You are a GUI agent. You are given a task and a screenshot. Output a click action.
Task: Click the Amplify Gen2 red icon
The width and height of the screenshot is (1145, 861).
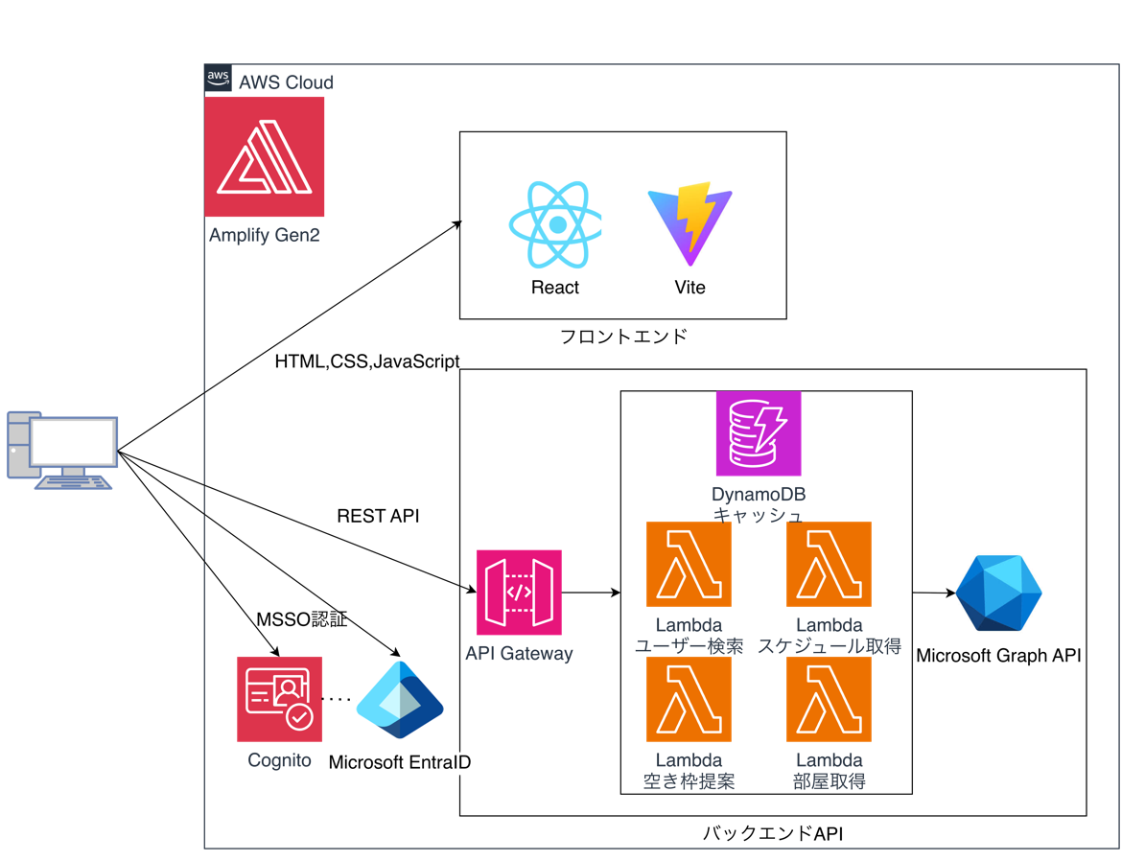point(264,156)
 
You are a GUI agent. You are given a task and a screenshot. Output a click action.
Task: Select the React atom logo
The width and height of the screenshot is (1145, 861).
point(555,225)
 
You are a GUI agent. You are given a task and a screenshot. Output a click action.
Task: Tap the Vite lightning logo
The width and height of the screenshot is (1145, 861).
point(689,223)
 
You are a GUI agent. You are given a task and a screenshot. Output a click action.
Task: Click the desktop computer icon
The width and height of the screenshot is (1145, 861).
point(62,451)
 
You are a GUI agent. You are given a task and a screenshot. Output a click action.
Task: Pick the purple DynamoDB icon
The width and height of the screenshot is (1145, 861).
point(758,433)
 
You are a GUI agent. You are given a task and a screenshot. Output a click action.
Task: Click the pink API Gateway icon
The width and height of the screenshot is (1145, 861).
point(519,593)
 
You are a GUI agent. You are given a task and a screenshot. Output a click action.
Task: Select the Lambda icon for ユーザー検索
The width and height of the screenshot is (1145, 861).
point(689,564)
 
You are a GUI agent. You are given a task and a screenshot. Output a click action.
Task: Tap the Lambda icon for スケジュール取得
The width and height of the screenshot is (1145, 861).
point(829,564)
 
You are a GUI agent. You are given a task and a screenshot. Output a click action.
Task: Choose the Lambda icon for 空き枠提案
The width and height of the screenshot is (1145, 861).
point(689,699)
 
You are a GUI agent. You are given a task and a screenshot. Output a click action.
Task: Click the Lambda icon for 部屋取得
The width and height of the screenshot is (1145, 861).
point(829,699)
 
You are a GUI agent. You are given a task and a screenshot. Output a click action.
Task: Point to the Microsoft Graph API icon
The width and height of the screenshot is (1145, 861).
point(998,593)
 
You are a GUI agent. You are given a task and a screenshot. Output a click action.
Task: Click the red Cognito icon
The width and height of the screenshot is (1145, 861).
point(279,699)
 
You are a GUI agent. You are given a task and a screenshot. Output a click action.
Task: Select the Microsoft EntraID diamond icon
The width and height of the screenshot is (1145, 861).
point(399,700)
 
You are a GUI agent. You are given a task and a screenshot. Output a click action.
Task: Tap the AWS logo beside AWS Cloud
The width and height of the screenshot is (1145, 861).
point(219,78)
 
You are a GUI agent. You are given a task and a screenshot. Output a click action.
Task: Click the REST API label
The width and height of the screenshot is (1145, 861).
point(378,516)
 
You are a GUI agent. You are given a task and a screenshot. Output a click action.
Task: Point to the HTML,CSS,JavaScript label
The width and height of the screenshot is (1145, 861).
point(367,361)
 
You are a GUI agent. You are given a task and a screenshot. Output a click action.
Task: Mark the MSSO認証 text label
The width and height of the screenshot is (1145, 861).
point(301,619)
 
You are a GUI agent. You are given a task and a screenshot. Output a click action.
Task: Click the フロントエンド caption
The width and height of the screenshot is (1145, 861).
point(623,336)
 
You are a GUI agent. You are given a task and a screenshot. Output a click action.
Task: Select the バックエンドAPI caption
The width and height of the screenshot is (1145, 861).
point(773,833)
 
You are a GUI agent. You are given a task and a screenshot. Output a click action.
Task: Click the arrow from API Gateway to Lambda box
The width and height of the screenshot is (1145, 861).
point(591,593)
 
